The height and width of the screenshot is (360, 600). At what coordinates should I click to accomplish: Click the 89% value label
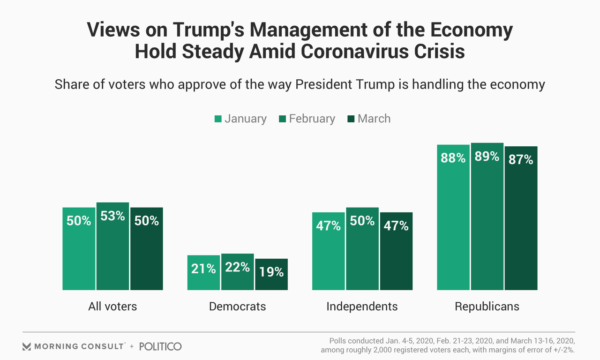[487, 157]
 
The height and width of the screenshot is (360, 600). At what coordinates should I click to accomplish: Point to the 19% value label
[271, 271]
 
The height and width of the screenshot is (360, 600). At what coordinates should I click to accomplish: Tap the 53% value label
[112, 216]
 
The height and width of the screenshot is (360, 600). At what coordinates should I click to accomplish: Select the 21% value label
[203, 269]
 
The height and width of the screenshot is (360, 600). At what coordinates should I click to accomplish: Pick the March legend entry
[369, 119]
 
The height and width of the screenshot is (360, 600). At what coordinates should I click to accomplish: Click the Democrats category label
[237, 307]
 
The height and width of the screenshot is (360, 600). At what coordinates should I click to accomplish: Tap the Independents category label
[362, 307]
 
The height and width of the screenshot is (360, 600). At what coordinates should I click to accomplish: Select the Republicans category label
[487, 307]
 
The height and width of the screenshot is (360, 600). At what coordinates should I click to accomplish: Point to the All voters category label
[112, 307]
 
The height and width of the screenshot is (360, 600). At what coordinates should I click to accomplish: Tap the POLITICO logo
[160, 346]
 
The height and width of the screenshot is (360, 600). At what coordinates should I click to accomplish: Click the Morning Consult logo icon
[27, 347]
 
